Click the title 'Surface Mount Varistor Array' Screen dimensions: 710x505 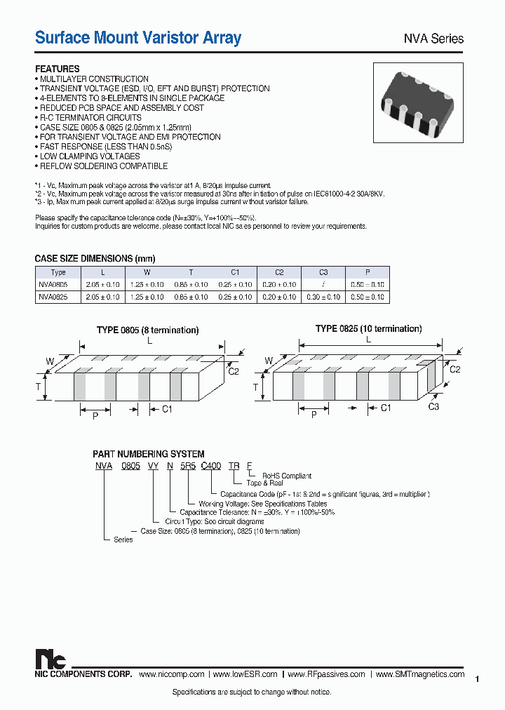138,38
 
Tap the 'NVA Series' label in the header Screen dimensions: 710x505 432,39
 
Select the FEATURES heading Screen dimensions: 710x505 58,69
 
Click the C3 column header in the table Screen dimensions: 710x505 323,272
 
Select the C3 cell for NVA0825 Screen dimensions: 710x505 323,297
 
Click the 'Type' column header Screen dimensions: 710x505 58,272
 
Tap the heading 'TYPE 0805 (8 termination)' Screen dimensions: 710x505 147,330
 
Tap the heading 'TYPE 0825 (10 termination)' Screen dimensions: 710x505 368,328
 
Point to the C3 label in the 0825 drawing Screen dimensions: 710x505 433,407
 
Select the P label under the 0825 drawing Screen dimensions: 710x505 314,415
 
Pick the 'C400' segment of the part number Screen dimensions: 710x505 210,465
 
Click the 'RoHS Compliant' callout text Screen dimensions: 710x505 287,476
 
